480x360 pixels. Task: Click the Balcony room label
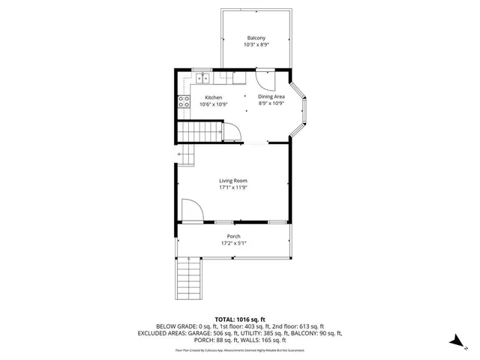[256, 38]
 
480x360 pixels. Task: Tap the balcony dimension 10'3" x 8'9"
[256, 46]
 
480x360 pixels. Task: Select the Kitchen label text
[213, 97]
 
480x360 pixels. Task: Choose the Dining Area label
[271, 97]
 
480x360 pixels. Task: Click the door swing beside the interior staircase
[233, 132]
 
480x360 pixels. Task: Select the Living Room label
[232, 181]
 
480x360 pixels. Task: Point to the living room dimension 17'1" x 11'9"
[232, 188]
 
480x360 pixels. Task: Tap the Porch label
[233, 236]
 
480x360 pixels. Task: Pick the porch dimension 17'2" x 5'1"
[233, 244]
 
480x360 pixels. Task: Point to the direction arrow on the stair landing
[181, 155]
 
